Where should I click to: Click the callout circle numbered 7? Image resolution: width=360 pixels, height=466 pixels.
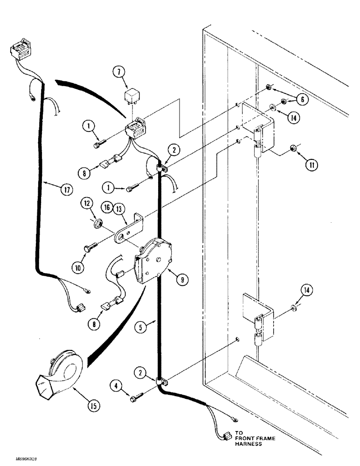pyautogui.click(x=118, y=72)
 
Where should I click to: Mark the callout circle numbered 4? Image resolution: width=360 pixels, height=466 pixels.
pyautogui.click(x=117, y=385)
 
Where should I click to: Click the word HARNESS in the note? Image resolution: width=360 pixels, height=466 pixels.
pyautogui.click(x=255, y=445)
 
